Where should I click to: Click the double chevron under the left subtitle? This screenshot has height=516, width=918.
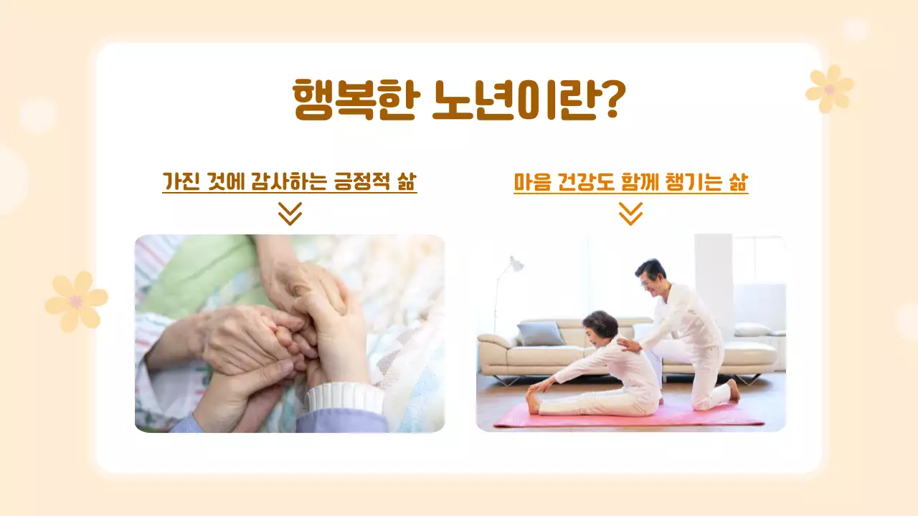coord(290,214)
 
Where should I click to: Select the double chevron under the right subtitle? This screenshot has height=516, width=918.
coord(630,214)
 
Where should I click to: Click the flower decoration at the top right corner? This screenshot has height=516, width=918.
coord(830,89)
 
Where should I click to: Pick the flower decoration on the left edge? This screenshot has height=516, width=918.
coord(76,301)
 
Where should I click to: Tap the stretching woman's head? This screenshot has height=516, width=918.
coord(600,327)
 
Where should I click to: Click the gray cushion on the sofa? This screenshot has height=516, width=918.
coord(541,333)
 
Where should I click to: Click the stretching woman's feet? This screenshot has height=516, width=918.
coord(533,401)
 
